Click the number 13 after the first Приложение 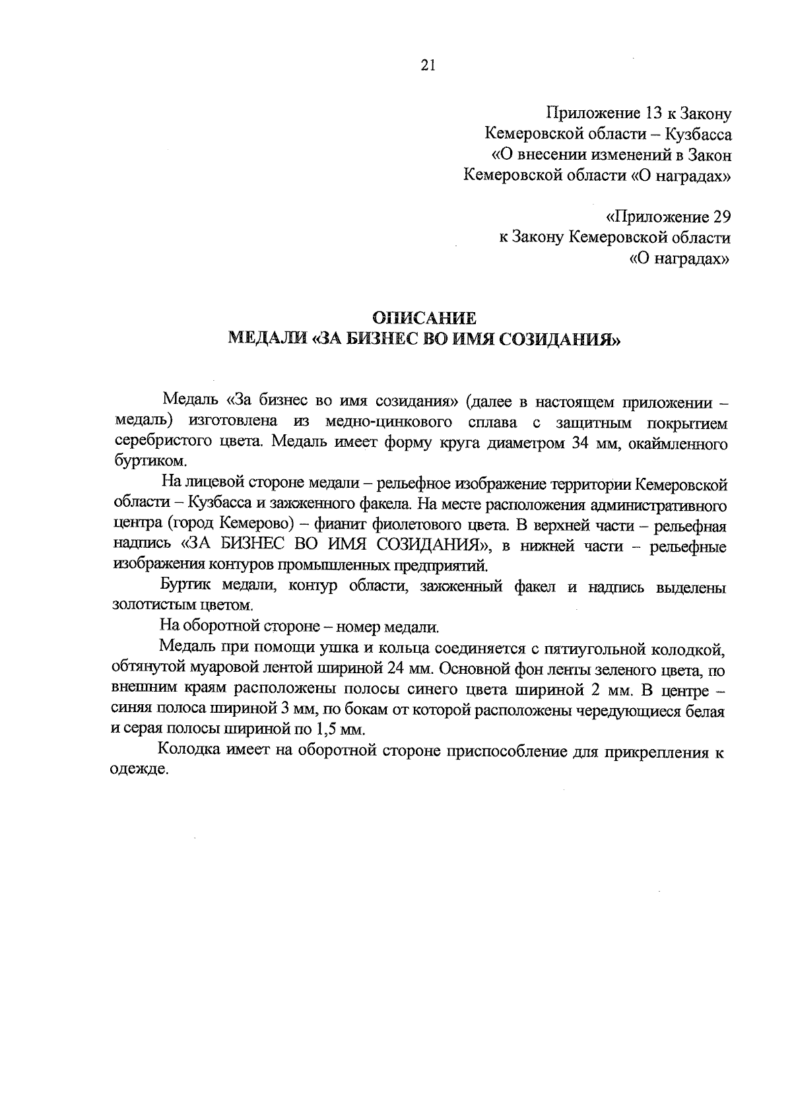tap(654, 114)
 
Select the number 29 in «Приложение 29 tap(717, 216)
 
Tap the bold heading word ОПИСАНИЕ tap(424, 319)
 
